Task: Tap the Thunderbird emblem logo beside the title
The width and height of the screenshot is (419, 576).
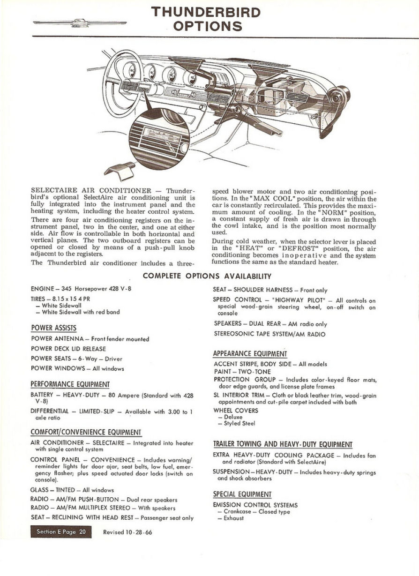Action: (x=80, y=22)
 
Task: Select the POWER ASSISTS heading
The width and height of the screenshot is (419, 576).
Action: (x=53, y=328)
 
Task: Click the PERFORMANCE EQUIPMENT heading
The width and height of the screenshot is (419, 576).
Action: (x=70, y=384)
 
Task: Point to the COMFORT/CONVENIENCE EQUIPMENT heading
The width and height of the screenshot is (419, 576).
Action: (x=86, y=432)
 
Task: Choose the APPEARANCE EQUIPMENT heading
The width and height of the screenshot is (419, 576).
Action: (x=250, y=353)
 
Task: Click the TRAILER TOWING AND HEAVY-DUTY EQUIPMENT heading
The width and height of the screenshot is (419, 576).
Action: (x=283, y=444)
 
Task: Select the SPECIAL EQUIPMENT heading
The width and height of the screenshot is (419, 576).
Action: (x=242, y=494)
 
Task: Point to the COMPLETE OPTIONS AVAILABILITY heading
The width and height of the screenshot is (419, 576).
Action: (x=207, y=276)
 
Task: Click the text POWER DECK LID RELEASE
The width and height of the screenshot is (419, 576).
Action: (x=68, y=349)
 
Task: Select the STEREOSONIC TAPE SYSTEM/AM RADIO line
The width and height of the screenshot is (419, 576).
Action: (x=269, y=334)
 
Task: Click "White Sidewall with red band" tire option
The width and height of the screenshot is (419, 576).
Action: (x=81, y=312)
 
